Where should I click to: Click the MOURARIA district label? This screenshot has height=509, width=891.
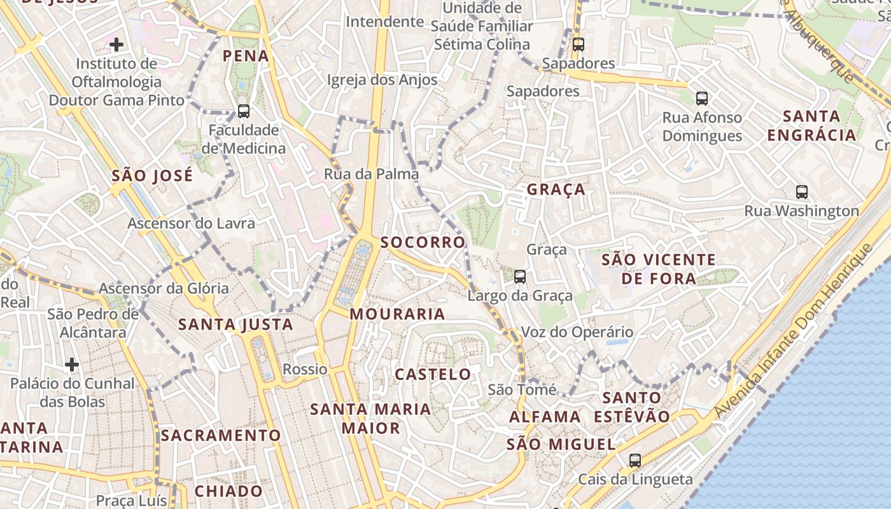pos(397,314)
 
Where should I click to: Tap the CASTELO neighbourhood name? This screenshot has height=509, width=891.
pos(433,374)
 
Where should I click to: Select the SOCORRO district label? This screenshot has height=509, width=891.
pos(423,242)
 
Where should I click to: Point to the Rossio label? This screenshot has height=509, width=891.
pos(305,369)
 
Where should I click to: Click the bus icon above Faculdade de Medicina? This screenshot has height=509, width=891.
pos(243,111)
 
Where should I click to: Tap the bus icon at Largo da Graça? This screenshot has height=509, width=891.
pos(520,276)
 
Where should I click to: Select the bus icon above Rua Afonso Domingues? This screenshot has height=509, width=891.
pos(702,99)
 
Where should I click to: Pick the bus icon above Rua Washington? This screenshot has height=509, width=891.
pos(802,192)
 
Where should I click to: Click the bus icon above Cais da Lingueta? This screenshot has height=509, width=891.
pos(635,460)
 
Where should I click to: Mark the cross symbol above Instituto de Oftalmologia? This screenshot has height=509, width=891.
pos(116,45)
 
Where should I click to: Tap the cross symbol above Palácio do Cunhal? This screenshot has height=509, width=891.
pos(72,365)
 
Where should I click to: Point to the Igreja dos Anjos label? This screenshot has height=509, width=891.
pos(382,80)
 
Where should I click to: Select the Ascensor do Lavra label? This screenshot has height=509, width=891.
pos(191,223)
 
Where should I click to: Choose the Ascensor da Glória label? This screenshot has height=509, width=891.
pos(164,288)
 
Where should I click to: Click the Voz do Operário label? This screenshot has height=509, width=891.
pos(577,332)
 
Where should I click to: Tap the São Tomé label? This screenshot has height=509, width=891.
pos(522,389)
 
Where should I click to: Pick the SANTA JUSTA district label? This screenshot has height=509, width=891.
pos(235,324)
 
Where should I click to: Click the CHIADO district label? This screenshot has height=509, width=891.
pos(228,491)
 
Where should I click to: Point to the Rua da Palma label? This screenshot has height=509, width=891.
pos(372,174)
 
